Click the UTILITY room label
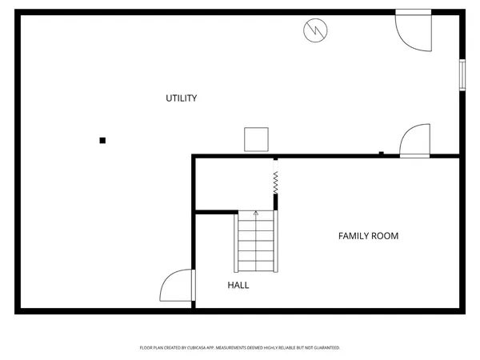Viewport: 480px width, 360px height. [x=181, y=98]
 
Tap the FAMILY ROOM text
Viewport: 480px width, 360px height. [x=368, y=236]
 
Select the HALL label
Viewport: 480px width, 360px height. [x=238, y=285]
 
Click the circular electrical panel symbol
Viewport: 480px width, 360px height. [x=315, y=31]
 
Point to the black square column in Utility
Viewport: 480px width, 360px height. [x=102, y=141]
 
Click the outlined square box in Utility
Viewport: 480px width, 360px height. [x=256, y=139]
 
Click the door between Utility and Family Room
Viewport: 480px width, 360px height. [x=415, y=141]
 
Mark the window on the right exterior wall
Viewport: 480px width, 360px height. [x=462, y=74]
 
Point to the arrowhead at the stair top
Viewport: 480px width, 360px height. [x=256, y=214]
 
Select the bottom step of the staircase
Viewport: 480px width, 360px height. [x=256, y=266]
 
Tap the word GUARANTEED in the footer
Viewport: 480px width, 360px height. [x=323, y=348]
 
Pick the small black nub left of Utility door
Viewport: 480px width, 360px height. [x=382, y=153]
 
